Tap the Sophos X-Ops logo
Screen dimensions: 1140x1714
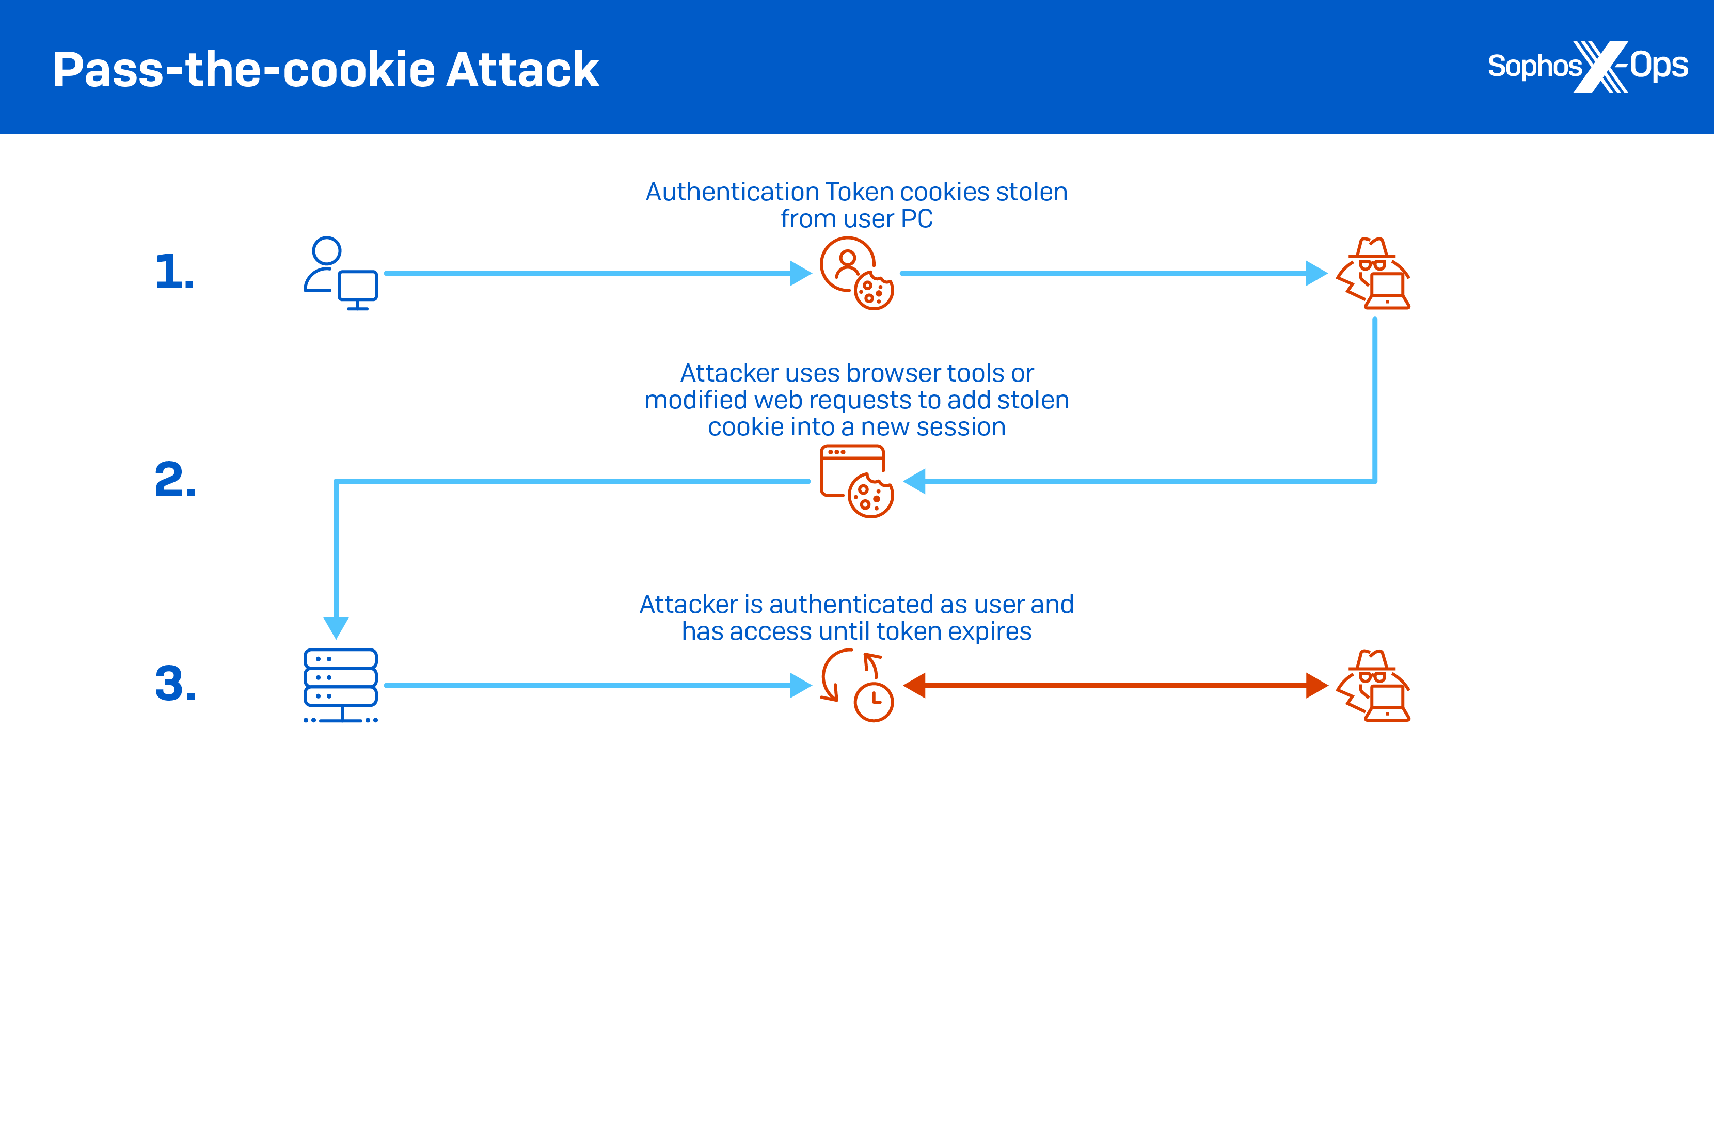pyautogui.click(x=1588, y=67)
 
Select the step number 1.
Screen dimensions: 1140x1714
pyautogui.click(x=174, y=272)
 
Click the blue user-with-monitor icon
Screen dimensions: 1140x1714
pyautogui.click(x=340, y=273)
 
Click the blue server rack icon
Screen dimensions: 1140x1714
pyautogui.click(x=340, y=685)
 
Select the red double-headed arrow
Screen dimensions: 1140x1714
pyautogui.click(x=1115, y=685)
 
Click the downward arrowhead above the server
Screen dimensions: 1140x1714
pyautogui.click(x=336, y=627)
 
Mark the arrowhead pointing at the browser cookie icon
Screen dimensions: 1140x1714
pyautogui.click(x=914, y=481)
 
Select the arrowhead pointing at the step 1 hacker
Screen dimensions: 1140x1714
pyautogui.click(x=1315, y=273)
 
